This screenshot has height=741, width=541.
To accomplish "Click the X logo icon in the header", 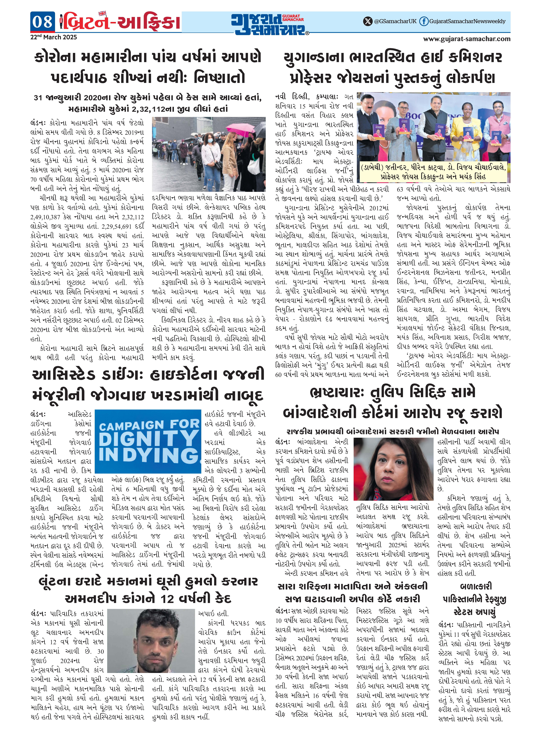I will pyautogui.click(x=368, y=21).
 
